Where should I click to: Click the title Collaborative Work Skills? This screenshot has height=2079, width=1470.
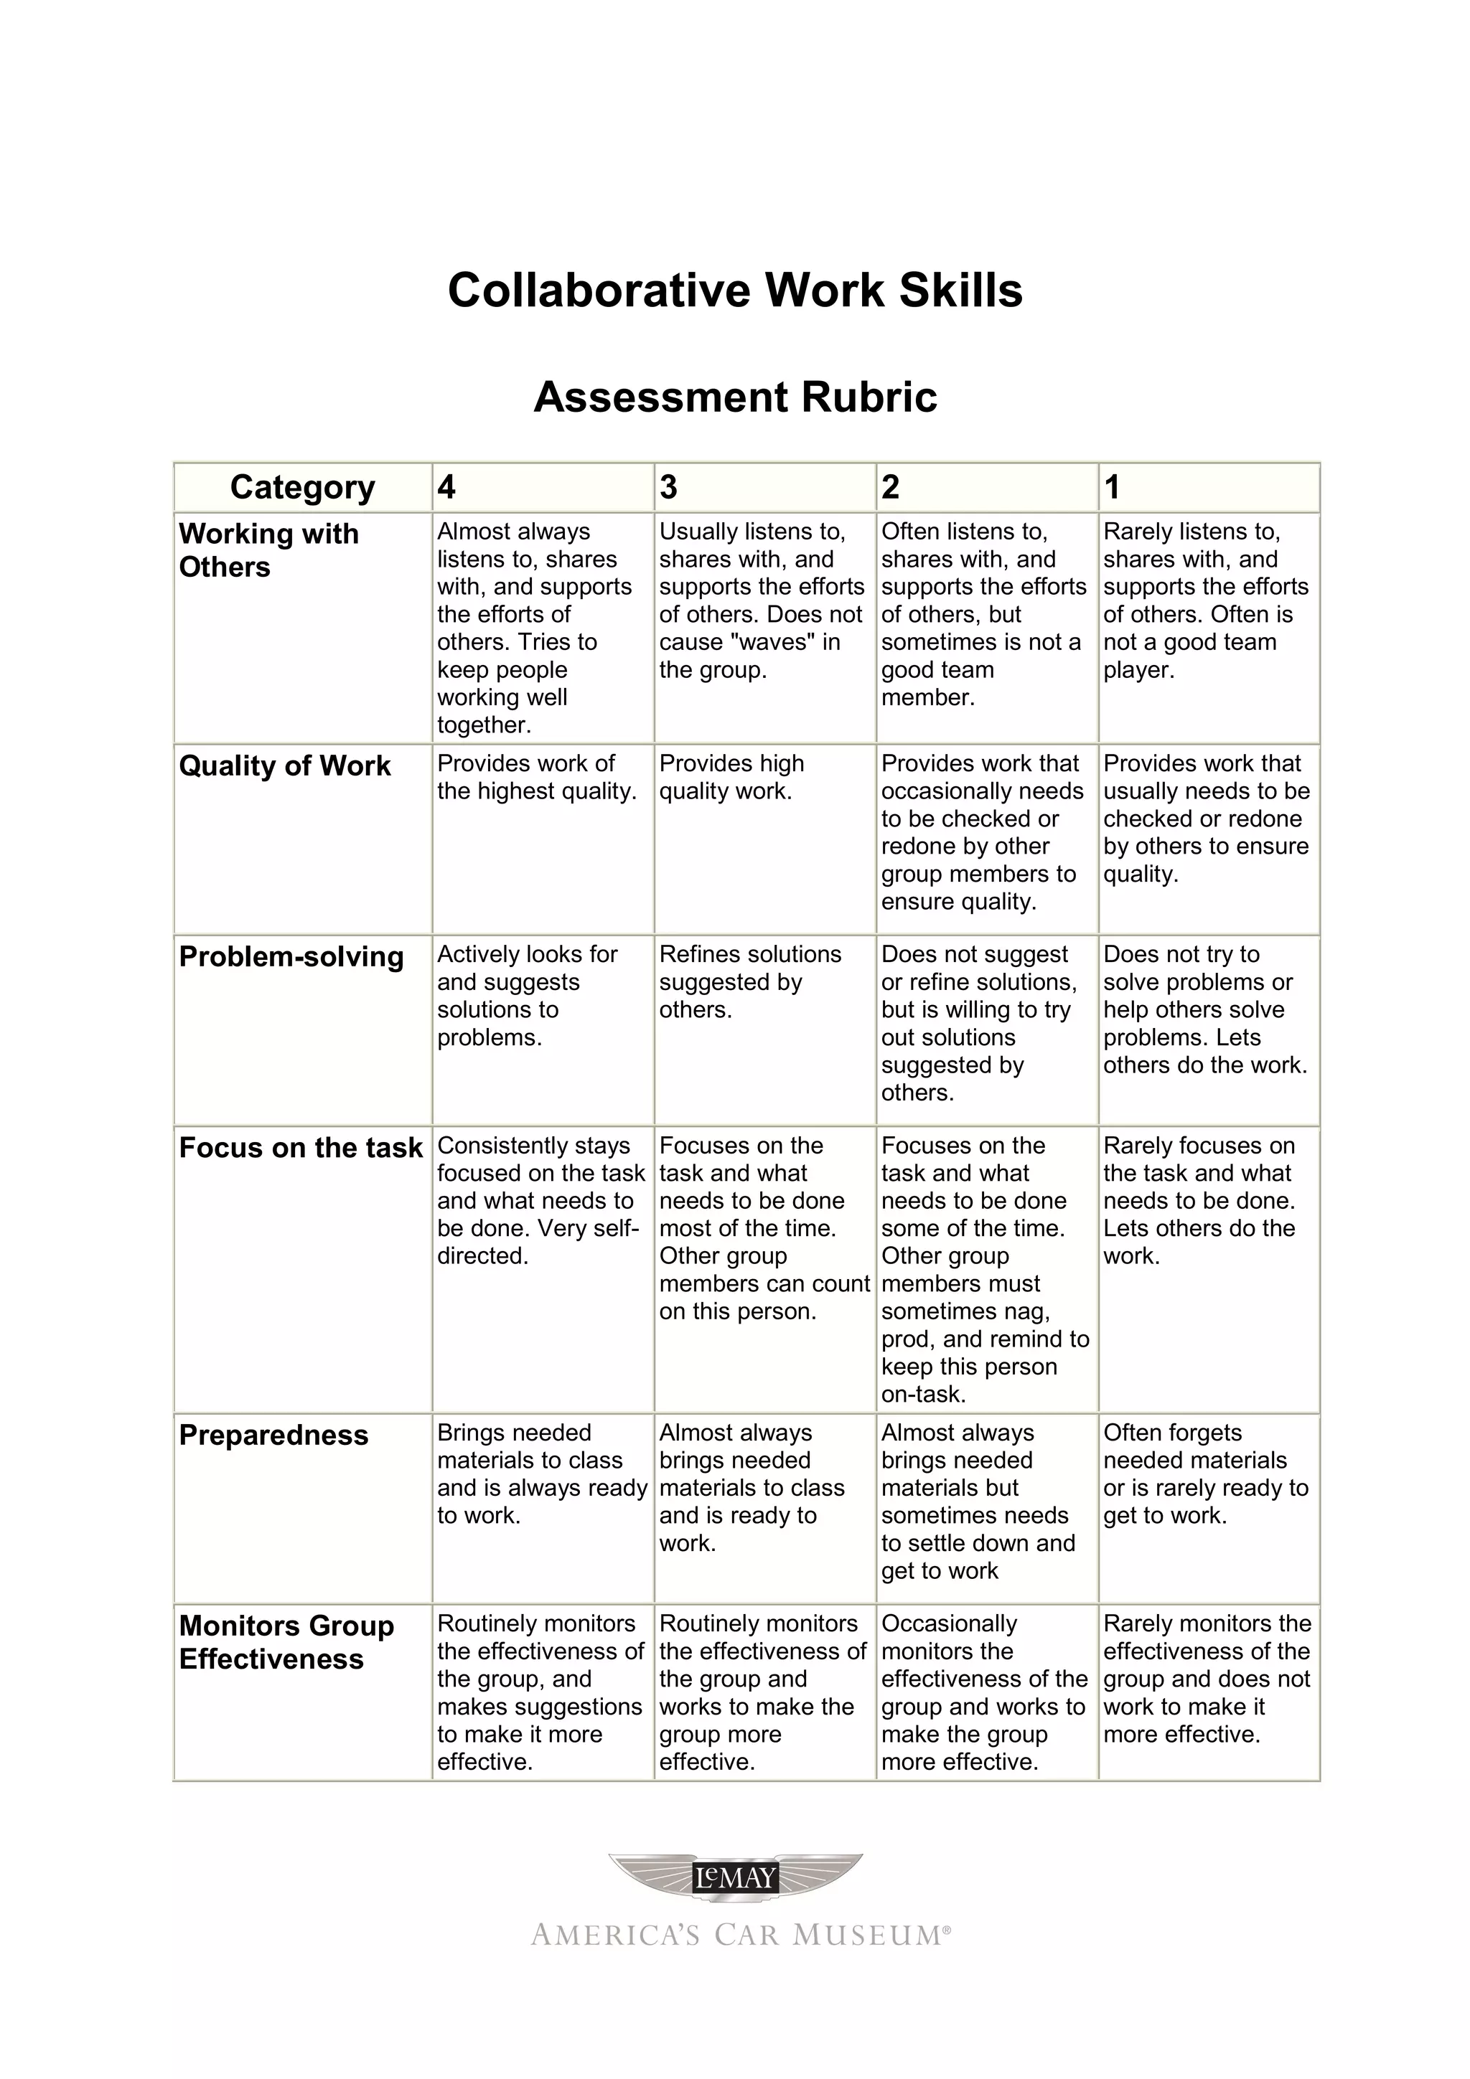[734, 291]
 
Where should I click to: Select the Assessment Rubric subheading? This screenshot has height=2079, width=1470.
[734, 397]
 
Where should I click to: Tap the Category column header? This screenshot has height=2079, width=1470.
[301, 487]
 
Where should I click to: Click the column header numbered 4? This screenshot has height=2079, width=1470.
[446, 487]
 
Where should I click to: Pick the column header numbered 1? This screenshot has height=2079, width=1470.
[1113, 487]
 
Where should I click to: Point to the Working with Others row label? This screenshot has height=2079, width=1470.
[268, 550]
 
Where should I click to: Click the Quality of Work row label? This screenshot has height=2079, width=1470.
[284, 766]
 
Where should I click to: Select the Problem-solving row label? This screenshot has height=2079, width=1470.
[291, 957]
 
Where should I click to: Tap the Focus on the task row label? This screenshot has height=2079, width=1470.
[301, 1148]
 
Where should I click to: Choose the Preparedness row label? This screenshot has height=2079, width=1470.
[273, 1435]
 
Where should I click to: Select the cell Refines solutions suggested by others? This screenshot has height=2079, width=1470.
[749, 981]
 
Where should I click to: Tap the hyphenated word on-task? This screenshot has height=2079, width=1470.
[923, 1395]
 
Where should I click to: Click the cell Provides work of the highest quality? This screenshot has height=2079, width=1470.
[536, 777]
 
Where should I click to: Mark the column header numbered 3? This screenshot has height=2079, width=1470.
[668, 487]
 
